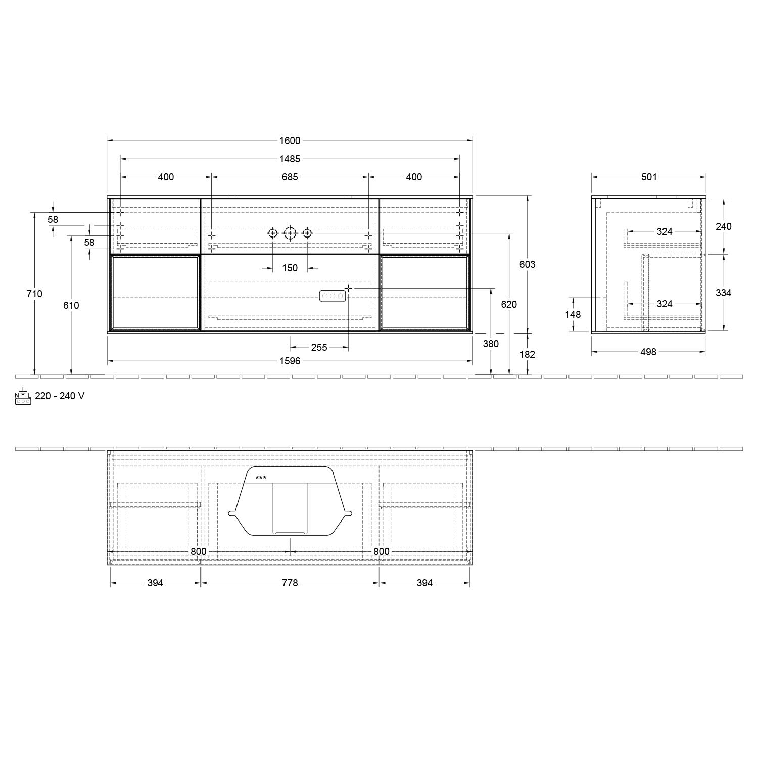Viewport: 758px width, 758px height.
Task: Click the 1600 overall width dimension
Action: (x=290, y=141)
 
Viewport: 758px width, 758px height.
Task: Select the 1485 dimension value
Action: (x=290, y=159)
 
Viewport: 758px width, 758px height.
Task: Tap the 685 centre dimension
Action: (x=290, y=177)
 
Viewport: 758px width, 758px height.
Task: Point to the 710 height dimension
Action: (x=34, y=294)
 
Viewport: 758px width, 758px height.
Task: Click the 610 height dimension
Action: (x=71, y=305)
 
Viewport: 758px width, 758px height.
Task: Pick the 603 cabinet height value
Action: (x=527, y=264)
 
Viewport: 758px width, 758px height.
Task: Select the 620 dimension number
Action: (x=509, y=304)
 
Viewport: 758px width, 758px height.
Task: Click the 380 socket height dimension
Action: (x=491, y=344)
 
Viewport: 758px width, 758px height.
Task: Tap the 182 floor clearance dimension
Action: (x=527, y=354)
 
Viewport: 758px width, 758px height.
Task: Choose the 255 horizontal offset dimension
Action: (x=319, y=347)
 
